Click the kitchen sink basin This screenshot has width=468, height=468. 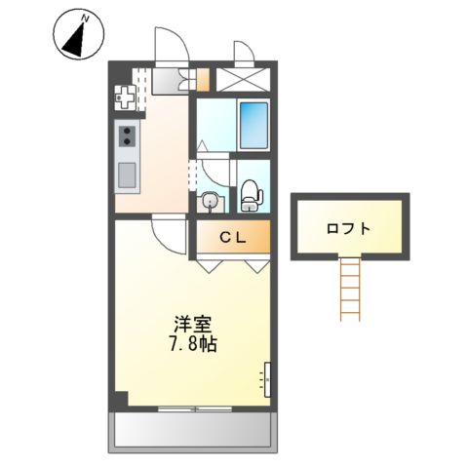tap(127, 175)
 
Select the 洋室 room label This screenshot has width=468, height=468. tap(192, 326)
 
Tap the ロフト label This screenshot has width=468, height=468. tap(348, 229)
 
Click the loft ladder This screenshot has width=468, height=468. tap(349, 287)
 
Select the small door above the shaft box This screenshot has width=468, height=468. tap(242, 54)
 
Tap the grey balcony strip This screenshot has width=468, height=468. tap(192, 429)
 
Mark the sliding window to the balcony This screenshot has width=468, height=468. tap(192, 408)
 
